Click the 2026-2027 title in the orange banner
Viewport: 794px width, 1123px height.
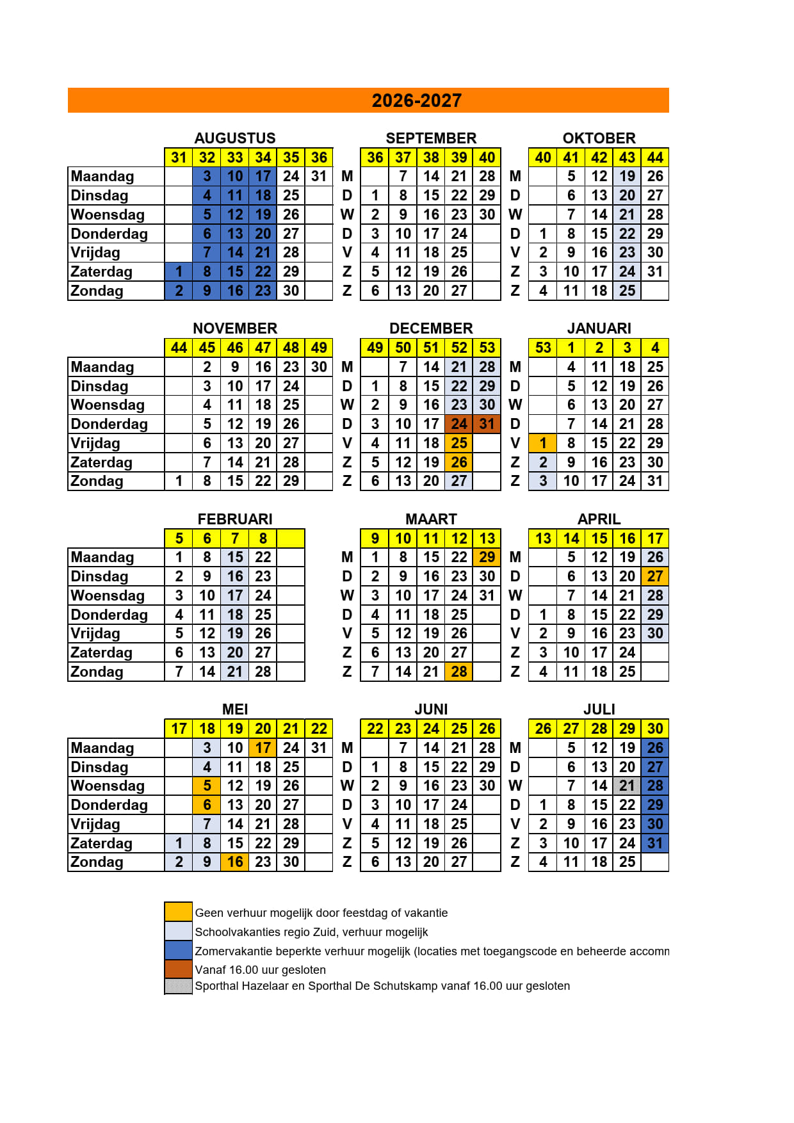[416, 101]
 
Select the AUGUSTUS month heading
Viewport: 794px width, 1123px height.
[235, 138]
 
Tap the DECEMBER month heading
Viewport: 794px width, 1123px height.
[431, 328]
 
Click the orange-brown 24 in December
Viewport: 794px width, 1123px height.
[459, 424]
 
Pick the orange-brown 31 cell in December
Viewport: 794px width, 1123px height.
[487, 424]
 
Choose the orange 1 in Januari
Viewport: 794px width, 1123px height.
[543, 443]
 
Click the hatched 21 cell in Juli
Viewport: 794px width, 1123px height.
[627, 786]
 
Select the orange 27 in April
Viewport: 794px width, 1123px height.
[654, 576]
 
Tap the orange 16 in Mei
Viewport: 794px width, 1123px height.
[235, 862]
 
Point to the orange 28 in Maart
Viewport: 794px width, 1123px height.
[459, 672]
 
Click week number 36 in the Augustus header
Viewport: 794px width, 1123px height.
[319, 158]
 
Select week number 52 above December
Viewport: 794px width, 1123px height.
[459, 348]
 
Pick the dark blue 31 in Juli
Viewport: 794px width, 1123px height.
[654, 843]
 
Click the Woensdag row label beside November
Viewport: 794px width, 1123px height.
[108, 405]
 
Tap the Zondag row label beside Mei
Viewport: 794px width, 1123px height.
[97, 862]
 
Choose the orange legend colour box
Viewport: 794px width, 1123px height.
[178, 912]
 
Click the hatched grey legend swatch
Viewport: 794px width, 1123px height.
[178, 986]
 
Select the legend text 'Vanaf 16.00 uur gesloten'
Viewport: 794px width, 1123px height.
[260, 969]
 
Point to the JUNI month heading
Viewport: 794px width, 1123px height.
[431, 709]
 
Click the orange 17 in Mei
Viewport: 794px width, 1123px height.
[263, 748]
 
